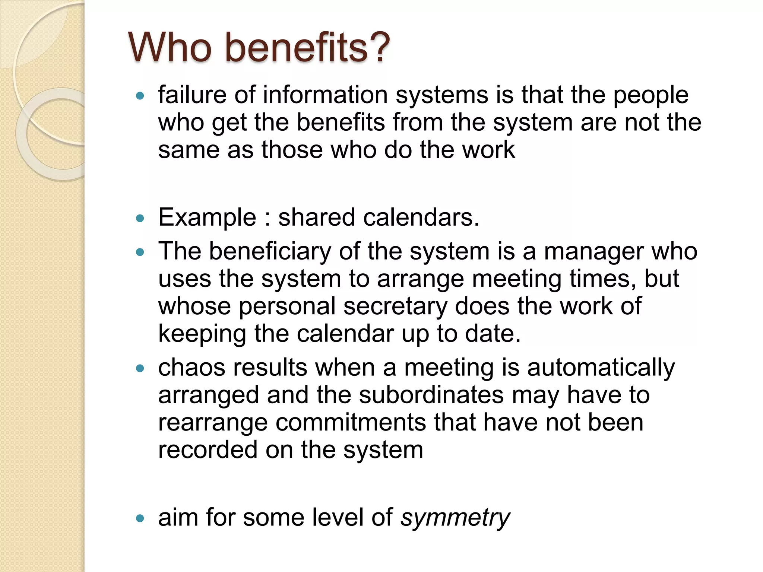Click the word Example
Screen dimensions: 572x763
[x=207, y=217]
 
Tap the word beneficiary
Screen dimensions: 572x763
[x=270, y=252]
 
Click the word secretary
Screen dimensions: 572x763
[x=395, y=307]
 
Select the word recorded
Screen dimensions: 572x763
[x=208, y=450]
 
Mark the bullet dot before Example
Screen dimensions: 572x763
[x=140, y=218]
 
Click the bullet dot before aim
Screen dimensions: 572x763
[x=140, y=518]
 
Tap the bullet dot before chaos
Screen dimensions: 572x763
[x=140, y=369]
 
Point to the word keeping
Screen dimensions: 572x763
[x=202, y=334]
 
